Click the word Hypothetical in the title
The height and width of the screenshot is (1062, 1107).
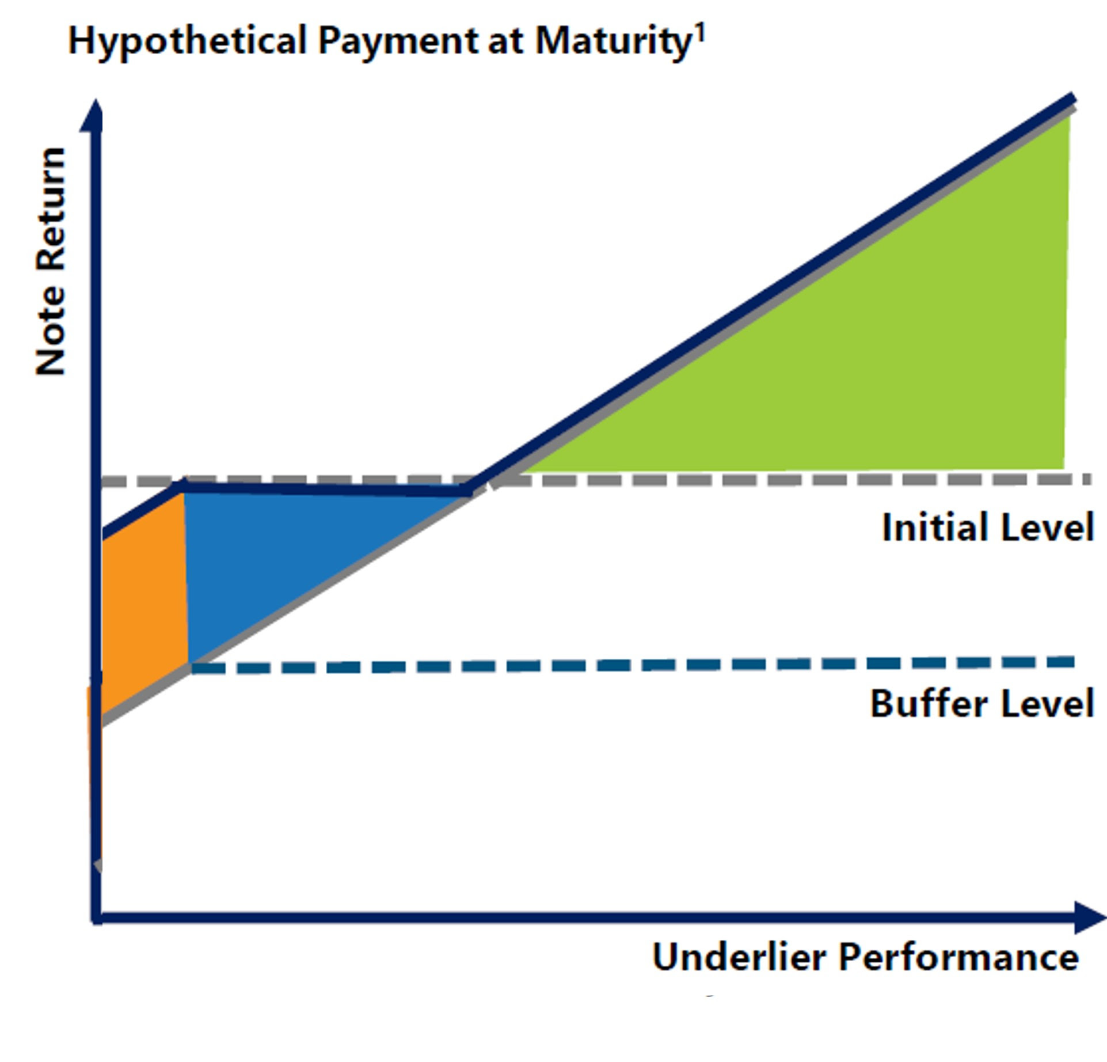[188, 41]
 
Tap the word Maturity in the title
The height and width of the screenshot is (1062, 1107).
[613, 41]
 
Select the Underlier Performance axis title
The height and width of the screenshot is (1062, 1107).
[865, 957]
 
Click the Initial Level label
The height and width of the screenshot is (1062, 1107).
[987, 528]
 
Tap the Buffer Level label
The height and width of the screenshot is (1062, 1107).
[982, 703]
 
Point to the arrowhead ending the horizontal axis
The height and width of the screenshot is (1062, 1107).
[1090, 917]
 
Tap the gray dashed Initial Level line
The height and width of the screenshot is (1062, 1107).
[596, 480]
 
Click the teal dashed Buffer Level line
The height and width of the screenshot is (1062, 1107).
[632, 665]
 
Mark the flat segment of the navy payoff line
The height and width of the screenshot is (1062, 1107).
[326, 489]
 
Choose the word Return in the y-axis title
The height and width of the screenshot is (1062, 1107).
[51, 210]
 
